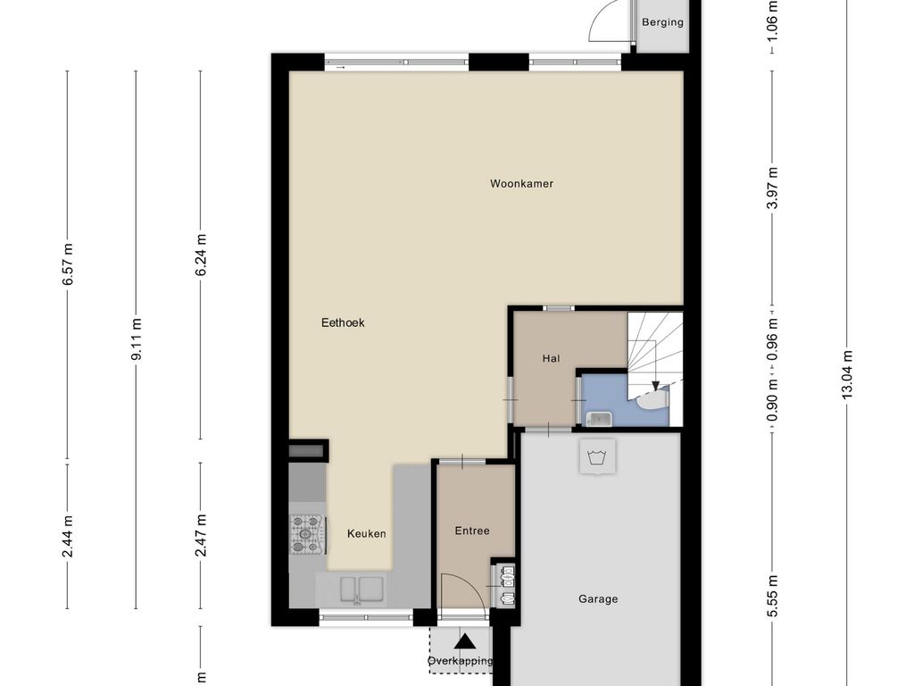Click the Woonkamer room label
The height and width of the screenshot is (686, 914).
(x=521, y=184)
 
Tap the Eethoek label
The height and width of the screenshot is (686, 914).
(x=343, y=322)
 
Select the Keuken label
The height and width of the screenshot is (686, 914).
(x=366, y=534)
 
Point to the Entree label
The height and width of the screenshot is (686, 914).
(x=472, y=531)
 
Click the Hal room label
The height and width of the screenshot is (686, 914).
(x=551, y=358)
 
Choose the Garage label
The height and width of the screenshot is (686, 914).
(x=598, y=599)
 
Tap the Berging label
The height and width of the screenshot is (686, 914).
(x=662, y=22)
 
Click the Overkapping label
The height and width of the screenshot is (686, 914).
(x=460, y=661)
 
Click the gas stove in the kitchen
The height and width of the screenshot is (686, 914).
(x=307, y=534)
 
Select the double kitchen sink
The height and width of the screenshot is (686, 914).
(x=362, y=590)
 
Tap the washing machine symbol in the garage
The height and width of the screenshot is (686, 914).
(x=598, y=456)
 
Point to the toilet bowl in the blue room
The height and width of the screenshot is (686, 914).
(x=652, y=400)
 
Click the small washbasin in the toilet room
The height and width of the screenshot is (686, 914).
(x=599, y=419)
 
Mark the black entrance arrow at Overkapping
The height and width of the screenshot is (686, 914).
(x=464, y=641)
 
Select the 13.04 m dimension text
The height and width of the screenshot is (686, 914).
(x=847, y=374)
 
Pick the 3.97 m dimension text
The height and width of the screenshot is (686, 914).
(x=772, y=188)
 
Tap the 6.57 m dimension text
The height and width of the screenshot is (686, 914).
(x=68, y=264)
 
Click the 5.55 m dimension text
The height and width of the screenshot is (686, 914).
(x=772, y=596)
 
